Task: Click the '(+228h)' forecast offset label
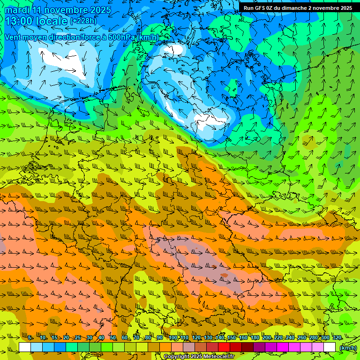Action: point(83,21)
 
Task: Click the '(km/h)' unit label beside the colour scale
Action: point(347,348)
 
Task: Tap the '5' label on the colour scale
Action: point(30,338)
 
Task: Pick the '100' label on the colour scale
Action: point(173,338)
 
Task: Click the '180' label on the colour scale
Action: point(255,338)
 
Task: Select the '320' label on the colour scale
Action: point(337,338)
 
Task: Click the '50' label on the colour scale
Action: point(113,338)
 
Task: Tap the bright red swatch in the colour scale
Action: point(224,347)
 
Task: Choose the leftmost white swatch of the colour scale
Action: point(25,347)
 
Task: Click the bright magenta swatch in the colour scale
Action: point(283,347)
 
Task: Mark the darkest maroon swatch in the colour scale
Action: point(247,347)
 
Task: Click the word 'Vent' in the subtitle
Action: point(13,37)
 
